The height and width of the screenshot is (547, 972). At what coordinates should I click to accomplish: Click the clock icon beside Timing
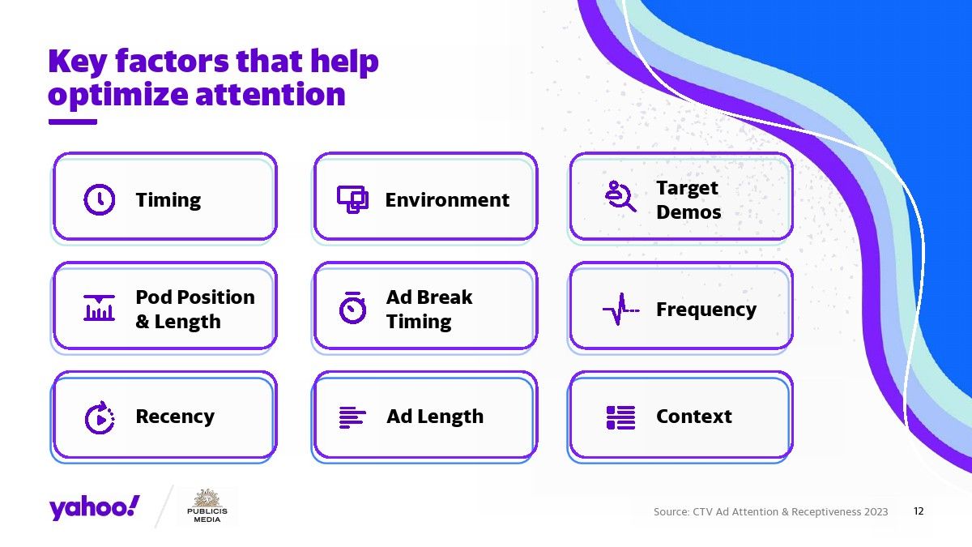100,199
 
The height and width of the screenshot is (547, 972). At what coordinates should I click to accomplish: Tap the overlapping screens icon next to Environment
352,199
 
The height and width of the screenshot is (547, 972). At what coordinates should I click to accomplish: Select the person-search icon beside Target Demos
620,196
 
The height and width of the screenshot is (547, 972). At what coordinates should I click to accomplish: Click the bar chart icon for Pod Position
99,308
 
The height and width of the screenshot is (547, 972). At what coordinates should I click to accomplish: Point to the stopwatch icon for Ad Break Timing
352,308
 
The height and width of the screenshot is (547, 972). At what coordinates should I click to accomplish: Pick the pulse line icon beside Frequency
621,309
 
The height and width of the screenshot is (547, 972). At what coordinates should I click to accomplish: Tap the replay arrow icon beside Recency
100,417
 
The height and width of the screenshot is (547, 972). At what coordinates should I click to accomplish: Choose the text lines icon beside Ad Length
352,417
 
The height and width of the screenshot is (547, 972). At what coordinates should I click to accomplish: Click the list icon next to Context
620,417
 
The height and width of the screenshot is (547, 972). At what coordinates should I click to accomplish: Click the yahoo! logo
94,508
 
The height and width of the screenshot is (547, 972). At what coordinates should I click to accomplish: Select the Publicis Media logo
207,506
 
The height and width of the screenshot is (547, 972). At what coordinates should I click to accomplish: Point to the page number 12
919,511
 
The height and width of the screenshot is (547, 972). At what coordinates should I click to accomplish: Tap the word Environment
447,200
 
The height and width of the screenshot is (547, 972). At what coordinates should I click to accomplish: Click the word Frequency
706,310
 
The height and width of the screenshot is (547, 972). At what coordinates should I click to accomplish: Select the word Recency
175,417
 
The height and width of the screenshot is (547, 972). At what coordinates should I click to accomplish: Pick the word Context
694,417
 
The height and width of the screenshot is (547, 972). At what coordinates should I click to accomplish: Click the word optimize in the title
118,95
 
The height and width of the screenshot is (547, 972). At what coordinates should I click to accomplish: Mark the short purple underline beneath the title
72,122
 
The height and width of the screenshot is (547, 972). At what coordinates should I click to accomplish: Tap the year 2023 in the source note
876,512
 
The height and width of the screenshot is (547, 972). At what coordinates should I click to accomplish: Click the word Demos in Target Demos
688,212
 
